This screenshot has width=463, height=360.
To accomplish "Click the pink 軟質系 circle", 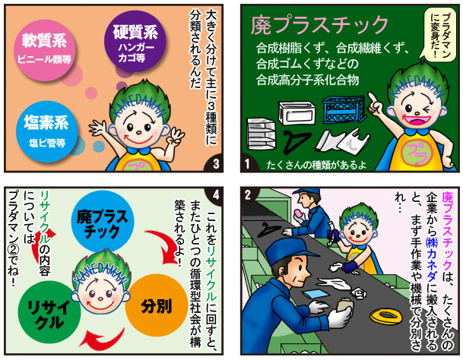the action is tap(45, 50).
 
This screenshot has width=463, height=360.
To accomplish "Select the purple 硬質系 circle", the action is tap(135, 41).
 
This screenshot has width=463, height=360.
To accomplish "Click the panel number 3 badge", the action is tap(215, 164).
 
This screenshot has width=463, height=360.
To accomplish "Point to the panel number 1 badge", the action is tap(249, 164).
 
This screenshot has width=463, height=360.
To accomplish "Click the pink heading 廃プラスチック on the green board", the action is tap(319, 25).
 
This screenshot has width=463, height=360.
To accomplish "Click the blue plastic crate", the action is tap(344, 109).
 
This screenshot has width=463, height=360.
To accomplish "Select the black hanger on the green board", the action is tap(297, 141).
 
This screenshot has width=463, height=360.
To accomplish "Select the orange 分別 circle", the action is tap(157, 305).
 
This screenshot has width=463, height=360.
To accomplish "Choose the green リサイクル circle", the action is tap(49, 312).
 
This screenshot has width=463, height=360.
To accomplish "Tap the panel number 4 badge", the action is tap(215, 195).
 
